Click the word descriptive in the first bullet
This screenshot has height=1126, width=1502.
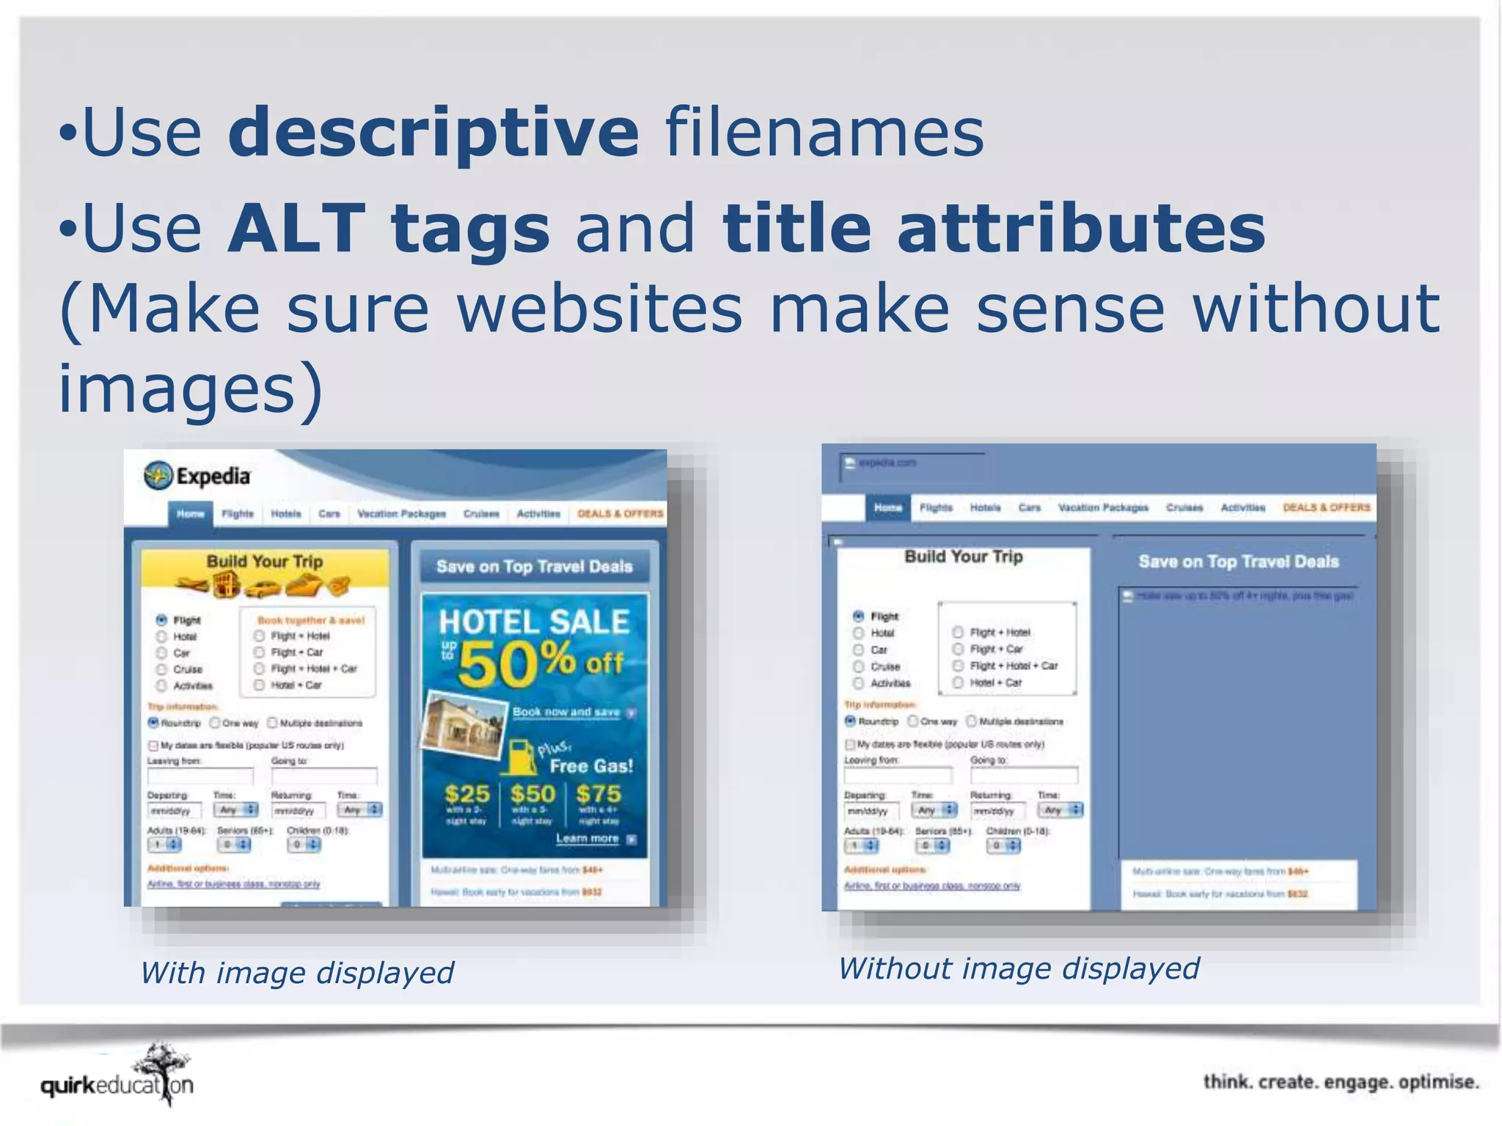pyautogui.click(x=433, y=132)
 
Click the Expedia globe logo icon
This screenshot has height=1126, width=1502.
pyautogui.click(x=158, y=476)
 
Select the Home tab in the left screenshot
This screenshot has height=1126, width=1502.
pyautogui.click(x=190, y=513)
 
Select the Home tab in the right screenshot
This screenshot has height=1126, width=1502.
pyautogui.click(x=887, y=507)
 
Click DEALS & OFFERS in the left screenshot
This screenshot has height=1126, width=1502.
pyautogui.click(x=620, y=513)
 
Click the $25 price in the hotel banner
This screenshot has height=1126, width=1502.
pyautogui.click(x=466, y=794)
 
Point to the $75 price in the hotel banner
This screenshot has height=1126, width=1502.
pyautogui.click(x=598, y=794)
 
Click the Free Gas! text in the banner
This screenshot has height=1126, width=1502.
pyautogui.click(x=591, y=766)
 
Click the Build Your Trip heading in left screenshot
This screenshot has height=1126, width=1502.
pyautogui.click(x=264, y=562)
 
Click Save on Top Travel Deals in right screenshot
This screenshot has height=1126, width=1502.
pyautogui.click(x=1238, y=562)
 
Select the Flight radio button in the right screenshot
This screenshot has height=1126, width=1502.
pyautogui.click(x=858, y=616)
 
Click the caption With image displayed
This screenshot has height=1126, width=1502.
pyautogui.click(x=297, y=973)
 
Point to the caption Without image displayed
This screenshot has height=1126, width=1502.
pyautogui.click(x=1018, y=968)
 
